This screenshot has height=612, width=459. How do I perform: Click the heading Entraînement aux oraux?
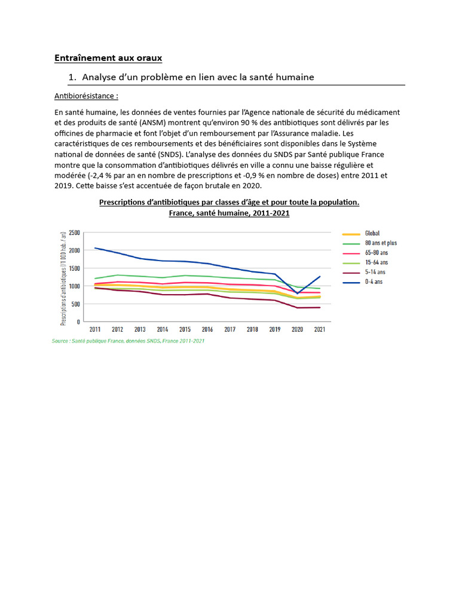click(108, 58)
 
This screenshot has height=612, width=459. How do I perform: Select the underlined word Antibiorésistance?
click(86, 96)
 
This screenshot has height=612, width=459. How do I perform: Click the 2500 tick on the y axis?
click(74, 232)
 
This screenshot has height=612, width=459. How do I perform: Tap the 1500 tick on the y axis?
click(74, 268)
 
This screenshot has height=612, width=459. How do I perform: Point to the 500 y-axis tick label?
click(76, 304)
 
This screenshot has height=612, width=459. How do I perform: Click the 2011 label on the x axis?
click(95, 329)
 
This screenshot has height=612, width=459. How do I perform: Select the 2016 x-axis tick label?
click(207, 329)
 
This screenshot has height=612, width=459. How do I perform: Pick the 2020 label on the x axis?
click(297, 329)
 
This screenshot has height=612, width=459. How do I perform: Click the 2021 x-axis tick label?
click(319, 329)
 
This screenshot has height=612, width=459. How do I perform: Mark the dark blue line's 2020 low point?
click(297, 293)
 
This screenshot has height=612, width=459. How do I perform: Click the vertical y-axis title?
click(63, 277)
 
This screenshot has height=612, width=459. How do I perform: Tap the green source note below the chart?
click(128, 341)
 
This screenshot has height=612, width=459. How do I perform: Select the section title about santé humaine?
click(198, 77)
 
